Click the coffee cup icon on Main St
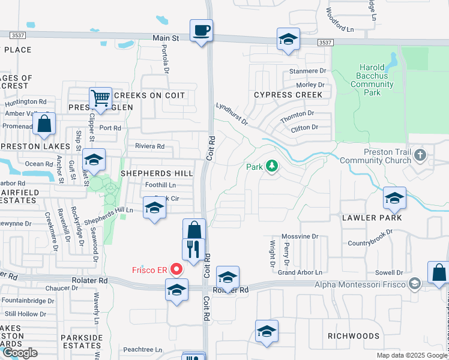[x=201, y=30]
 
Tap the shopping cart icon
[x=101, y=98]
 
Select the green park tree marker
[x=272, y=166]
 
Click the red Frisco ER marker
[x=177, y=269]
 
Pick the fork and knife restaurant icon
[x=193, y=249]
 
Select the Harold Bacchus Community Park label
[x=372, y=80]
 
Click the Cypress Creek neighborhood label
[x=288, y=95]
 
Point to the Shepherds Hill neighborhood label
[x=157, y=173]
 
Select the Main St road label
[x=166, y=38]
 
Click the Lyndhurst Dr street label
[x=232, y=113]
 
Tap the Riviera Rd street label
[x=149, y=146]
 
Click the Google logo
[x=20, y=353]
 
